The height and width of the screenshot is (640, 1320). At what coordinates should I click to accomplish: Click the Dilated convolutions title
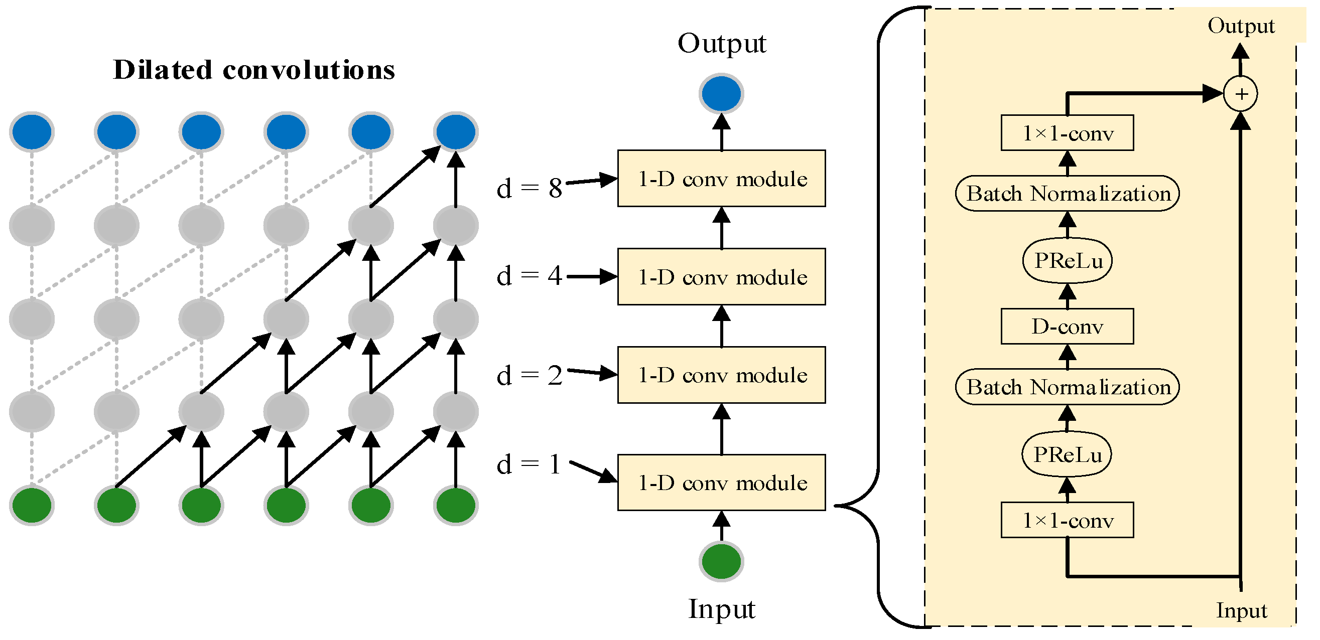click(x=253, y=70)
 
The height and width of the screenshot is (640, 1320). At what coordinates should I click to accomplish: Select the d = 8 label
click(x=530, y=189)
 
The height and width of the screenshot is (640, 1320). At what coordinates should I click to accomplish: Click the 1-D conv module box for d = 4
click(x=722, y=277)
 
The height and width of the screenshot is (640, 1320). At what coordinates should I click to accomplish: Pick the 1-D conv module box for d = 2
click(x=722, y=375)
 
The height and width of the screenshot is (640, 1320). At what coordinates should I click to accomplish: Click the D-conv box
click(x=1068, y=327)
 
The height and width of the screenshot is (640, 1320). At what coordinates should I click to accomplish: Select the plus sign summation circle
click(x=1241, y=94)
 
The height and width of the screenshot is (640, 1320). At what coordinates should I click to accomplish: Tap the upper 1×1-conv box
click(x=1068, y=133)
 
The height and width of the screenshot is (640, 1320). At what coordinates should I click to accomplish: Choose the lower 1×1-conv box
click(x=1068, y=520)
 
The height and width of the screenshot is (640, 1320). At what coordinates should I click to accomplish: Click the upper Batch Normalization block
click(x=1068, y=194)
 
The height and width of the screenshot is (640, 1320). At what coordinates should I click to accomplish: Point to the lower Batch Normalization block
click(x=1068, y=387)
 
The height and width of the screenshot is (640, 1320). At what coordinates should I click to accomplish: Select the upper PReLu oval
click(x=1068, y=261)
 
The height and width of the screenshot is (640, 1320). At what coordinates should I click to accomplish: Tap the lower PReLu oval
click(x=1067, y=454)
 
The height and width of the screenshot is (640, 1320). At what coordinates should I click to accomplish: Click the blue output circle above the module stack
click(x=722, y=94)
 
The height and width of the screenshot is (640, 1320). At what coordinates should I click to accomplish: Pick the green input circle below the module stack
click(x=722, y=561)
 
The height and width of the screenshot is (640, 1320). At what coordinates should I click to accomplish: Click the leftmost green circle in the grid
click(x=32, y=506)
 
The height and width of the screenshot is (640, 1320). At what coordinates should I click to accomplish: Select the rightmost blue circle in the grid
click(x=456, y=131)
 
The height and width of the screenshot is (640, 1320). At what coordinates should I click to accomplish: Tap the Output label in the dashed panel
click(x=1241, y=26)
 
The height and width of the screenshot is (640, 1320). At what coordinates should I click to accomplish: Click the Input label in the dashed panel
click(x=1241, y=610)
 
